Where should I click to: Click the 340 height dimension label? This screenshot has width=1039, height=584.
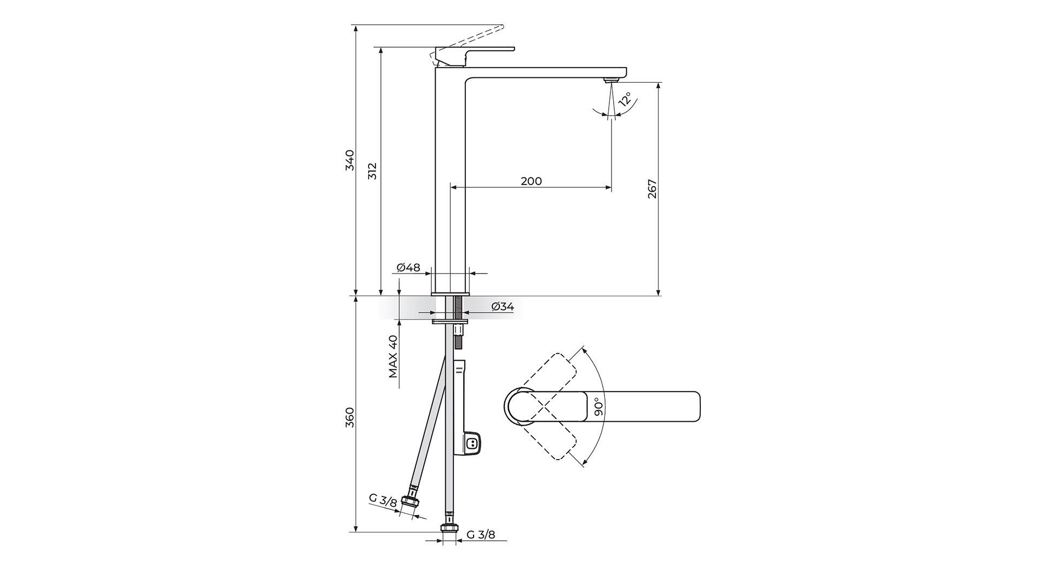(x=350, y=161)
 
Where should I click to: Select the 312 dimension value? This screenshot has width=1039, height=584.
(x=372, y=171)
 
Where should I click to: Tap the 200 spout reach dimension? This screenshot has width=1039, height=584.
(x=531, y=181)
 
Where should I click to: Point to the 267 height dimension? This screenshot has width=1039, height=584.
(x=652, y=189)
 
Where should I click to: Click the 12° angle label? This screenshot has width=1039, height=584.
(x=625, y=99)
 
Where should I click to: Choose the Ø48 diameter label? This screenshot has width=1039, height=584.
(x=408, y=268)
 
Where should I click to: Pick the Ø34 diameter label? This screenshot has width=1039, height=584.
(x=503, y=307)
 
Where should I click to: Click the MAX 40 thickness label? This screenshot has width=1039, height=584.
(x=393, y=356)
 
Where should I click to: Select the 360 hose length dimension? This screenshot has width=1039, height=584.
(x=350, y=417)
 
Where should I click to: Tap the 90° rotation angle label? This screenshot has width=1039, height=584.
(x=598, y=407)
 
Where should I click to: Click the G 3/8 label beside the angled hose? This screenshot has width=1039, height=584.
(x=383, y=500)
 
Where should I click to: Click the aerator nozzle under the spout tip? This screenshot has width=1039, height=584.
(x=610, y=80)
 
